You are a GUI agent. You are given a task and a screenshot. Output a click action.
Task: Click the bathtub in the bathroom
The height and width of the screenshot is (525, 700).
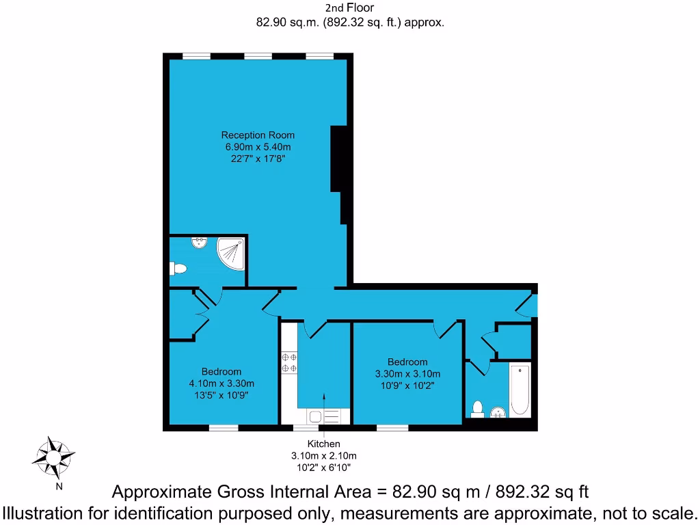click(520, 390)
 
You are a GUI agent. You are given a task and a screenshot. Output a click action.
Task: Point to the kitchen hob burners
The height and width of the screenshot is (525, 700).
click(288, 362)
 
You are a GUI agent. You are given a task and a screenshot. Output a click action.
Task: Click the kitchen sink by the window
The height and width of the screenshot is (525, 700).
click(317, 416)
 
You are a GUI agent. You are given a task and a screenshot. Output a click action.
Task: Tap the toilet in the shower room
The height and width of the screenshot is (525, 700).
click(178, 269)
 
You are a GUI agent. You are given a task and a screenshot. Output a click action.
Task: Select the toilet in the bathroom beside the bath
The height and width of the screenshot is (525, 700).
click(478, 409)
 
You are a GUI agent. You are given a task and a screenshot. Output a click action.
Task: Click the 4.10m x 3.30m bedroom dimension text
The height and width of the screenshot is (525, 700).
click(221, 383)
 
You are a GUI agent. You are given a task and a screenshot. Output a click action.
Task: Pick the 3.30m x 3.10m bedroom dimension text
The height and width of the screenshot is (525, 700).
click(407, 374)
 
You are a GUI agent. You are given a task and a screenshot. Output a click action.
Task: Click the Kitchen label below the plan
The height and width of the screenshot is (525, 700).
click(324, 444)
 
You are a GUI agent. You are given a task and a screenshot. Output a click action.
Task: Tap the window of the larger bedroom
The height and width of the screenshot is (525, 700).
click(224, 428)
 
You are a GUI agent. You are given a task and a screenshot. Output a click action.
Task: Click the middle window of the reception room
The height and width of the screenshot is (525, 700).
click(258, 55)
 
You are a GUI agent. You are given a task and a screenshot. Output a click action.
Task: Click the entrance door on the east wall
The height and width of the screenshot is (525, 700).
click(534, 304)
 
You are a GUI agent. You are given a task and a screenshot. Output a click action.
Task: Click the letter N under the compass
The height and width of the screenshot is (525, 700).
click(59, 487)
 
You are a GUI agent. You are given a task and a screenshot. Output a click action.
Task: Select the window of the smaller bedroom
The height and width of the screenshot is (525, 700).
click(392, 428)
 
